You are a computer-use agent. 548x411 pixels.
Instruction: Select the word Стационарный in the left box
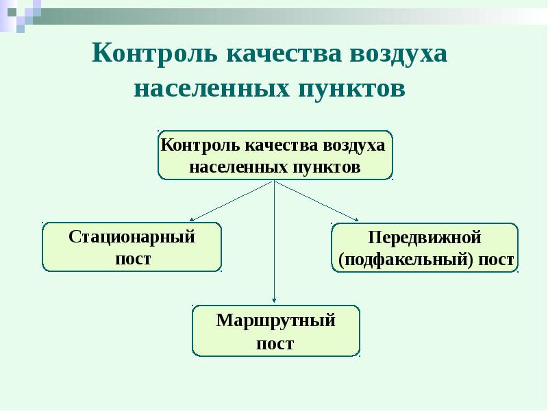[x=132, y=237]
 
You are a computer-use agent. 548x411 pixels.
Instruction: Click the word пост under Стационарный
[x=132, y=258]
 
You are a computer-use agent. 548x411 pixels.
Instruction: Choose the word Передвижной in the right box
[x=425, y=238]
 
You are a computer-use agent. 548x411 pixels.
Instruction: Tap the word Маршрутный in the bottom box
[x=275, y=320]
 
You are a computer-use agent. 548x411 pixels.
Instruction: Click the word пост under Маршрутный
[x=275, y=342]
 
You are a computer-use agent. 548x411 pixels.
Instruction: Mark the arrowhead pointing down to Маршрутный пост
[x=274, y=298]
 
